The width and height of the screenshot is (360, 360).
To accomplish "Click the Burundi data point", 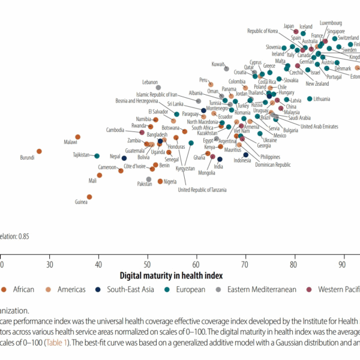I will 39,152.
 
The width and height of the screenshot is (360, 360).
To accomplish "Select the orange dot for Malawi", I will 77,137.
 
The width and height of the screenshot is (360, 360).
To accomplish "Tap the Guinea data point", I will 89,196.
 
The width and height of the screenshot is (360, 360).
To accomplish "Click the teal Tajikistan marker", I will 97,156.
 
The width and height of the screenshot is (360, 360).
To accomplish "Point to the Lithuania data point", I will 310,98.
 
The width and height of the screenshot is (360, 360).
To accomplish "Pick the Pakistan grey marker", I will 149,179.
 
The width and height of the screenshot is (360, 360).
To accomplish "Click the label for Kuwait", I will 218,64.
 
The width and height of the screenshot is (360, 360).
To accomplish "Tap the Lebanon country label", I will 150,82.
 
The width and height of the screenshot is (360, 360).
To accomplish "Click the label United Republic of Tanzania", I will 202,190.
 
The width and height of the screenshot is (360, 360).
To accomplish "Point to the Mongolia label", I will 206,173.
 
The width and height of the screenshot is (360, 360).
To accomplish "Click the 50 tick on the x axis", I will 148,264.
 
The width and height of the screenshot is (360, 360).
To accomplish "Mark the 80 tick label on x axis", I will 294,264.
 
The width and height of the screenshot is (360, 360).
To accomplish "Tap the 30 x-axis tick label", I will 50,264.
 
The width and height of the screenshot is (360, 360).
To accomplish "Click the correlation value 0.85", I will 23,236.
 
